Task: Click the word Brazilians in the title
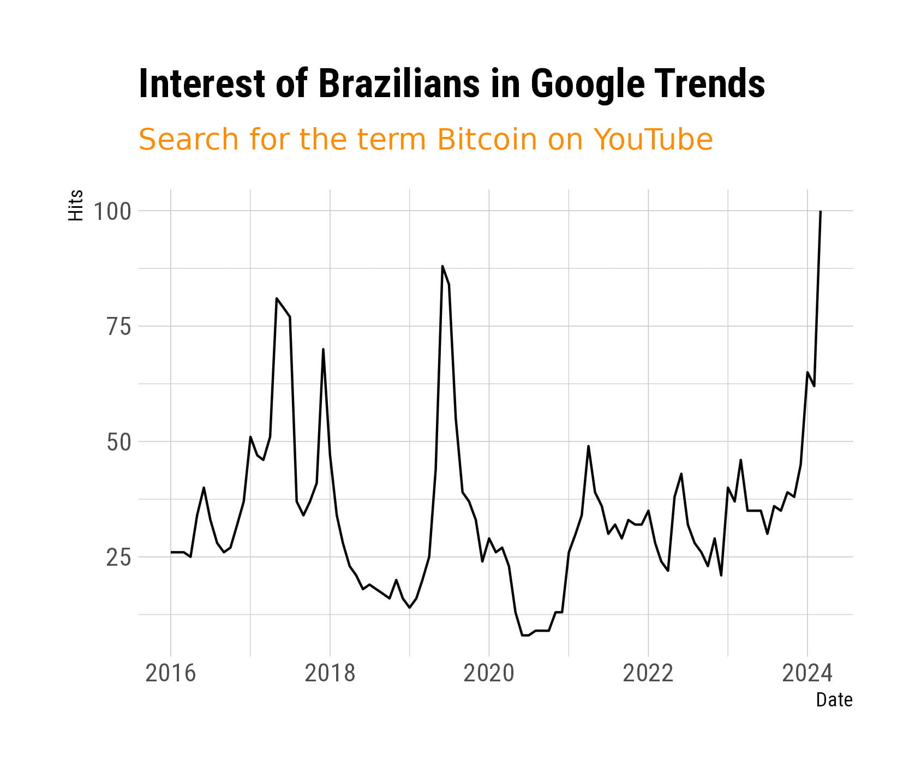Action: (399, 84)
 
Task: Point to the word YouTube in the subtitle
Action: (653, 140)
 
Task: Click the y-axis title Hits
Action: (76, 205)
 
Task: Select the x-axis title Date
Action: (834, 699)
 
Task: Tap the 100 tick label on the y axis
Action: (112, 211)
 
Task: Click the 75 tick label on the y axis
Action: (119, 327)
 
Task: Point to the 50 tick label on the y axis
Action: (119, 442)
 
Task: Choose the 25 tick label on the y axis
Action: (119, 558)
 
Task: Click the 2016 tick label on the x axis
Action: (171, 673)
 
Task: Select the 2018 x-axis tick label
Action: (330, 673)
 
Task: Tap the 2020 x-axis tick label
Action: (489, 673)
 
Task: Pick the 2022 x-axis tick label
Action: (648, 673)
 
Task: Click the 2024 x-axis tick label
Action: (808, 673)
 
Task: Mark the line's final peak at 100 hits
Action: (821, 211)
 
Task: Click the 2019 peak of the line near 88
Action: (442, 266)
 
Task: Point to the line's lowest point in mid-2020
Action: (525, 635)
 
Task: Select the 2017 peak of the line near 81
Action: (277, 298)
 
